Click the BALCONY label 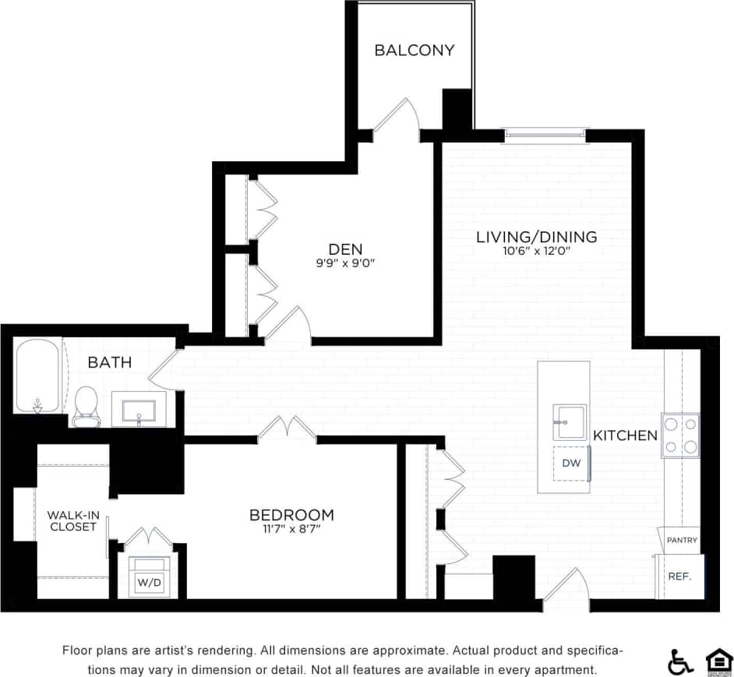coord(414,51)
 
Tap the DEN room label coord(345,249)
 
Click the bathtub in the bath coord(38,377)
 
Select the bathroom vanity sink coord(139,409)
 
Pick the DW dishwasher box coord(571,464)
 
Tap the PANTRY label coord(682,540)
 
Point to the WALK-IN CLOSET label coord(72,520)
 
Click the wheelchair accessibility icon coord(680,661)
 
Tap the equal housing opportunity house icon coord(718,661)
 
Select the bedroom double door coord(288,428)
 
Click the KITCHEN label coord(625,435)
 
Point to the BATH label coord(109,362)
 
